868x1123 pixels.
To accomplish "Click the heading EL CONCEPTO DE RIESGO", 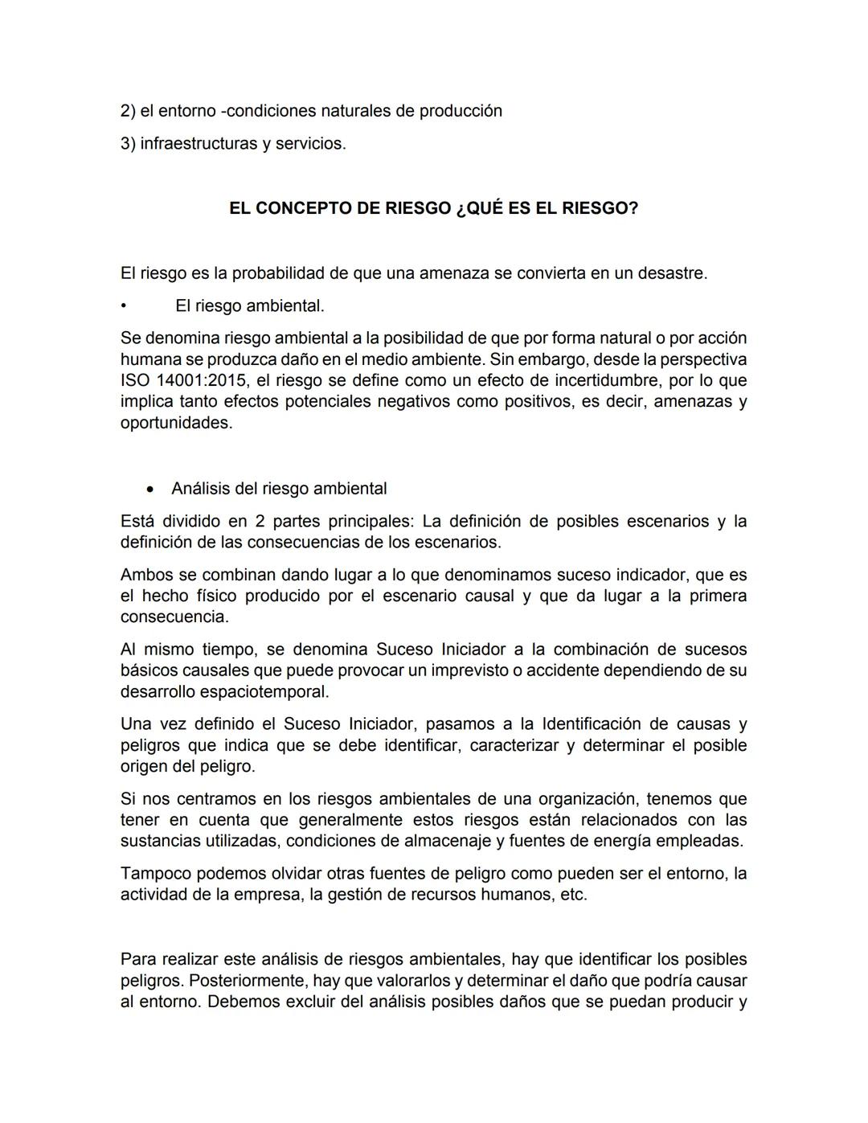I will click(433, 208).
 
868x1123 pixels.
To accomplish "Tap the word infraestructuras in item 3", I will click(198, 144).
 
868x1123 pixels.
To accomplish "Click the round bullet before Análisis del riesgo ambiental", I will click(149, 490).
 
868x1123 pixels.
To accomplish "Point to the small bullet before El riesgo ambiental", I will click(123, 306).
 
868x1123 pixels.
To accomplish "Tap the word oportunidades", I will click(176, 423).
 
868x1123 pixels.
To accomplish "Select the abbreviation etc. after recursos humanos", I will click(573, 894).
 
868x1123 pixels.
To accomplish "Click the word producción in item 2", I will click(462, 111).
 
